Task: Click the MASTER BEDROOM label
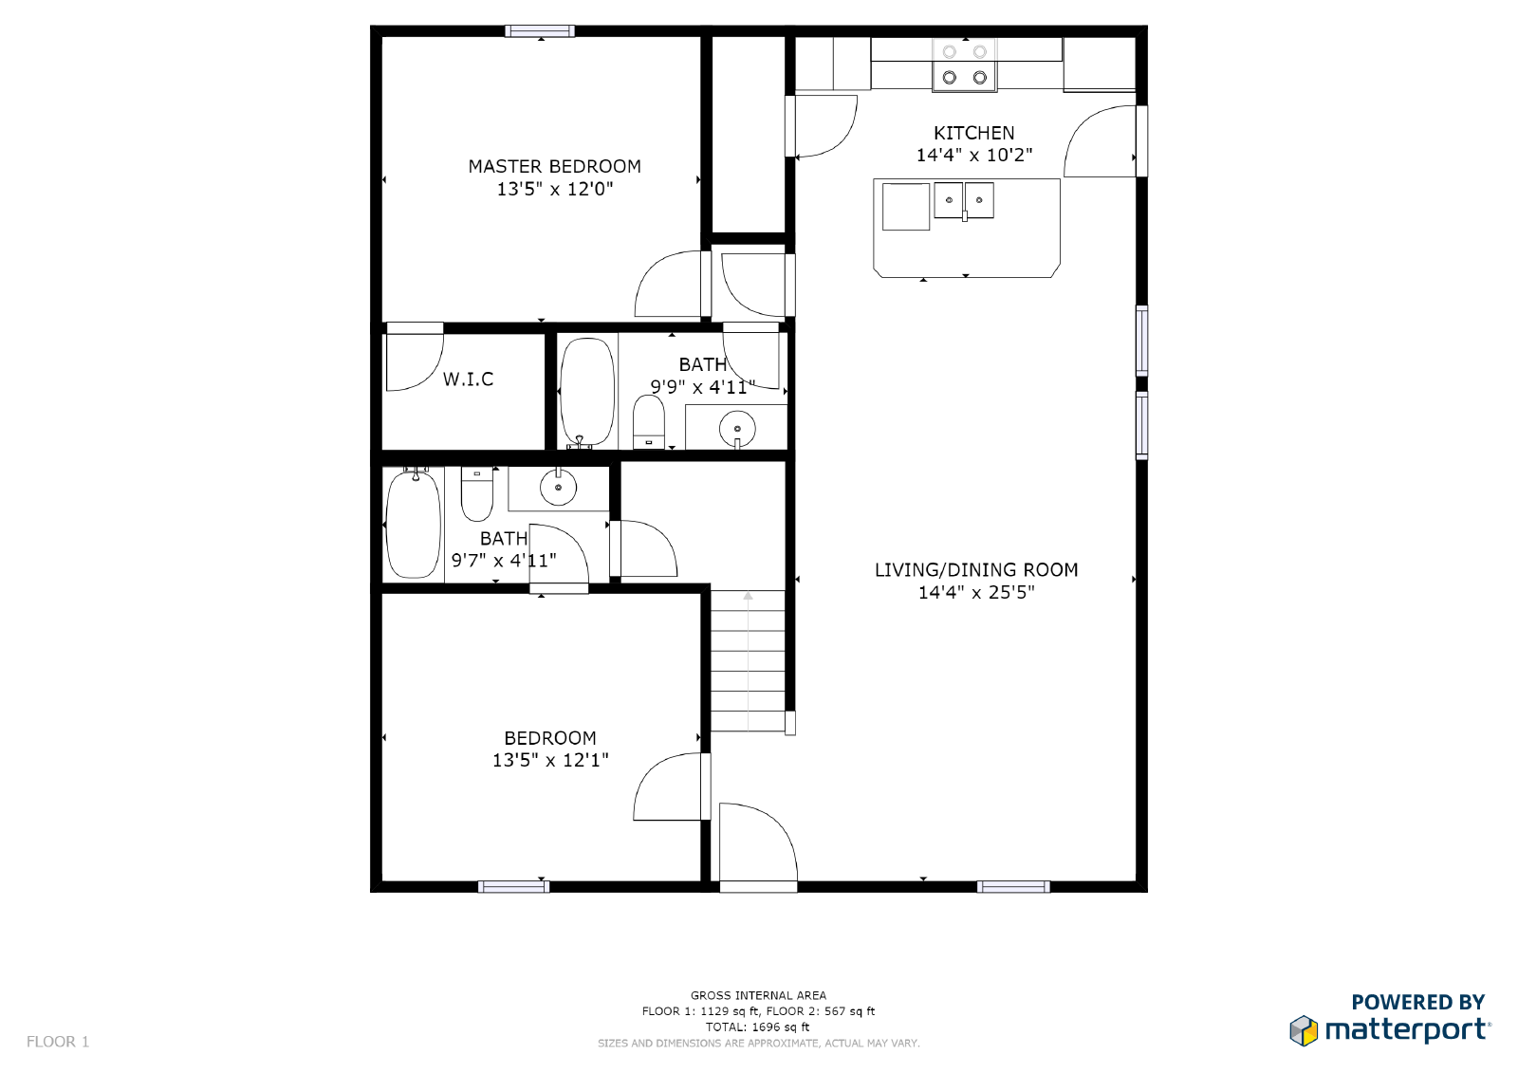tap(554, 166)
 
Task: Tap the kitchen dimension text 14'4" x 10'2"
tap(973, 155)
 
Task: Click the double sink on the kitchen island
tap(964, 201)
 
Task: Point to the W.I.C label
tap(468, 379)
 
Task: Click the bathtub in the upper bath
tap(587, 391)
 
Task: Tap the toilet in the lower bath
tap(476, 492)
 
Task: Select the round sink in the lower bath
tap(558, 488)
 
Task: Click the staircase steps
tap(748, 661)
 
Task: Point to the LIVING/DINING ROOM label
tap(975, 570)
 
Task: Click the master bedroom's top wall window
tap(539, 31)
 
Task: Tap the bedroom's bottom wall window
tap(513, 887)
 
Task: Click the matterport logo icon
tap(1304, 1030)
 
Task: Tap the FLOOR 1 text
tap(58, 1042)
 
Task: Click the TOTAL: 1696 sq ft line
tap(757, 1027)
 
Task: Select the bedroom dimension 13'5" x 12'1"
tap(550, 760)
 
